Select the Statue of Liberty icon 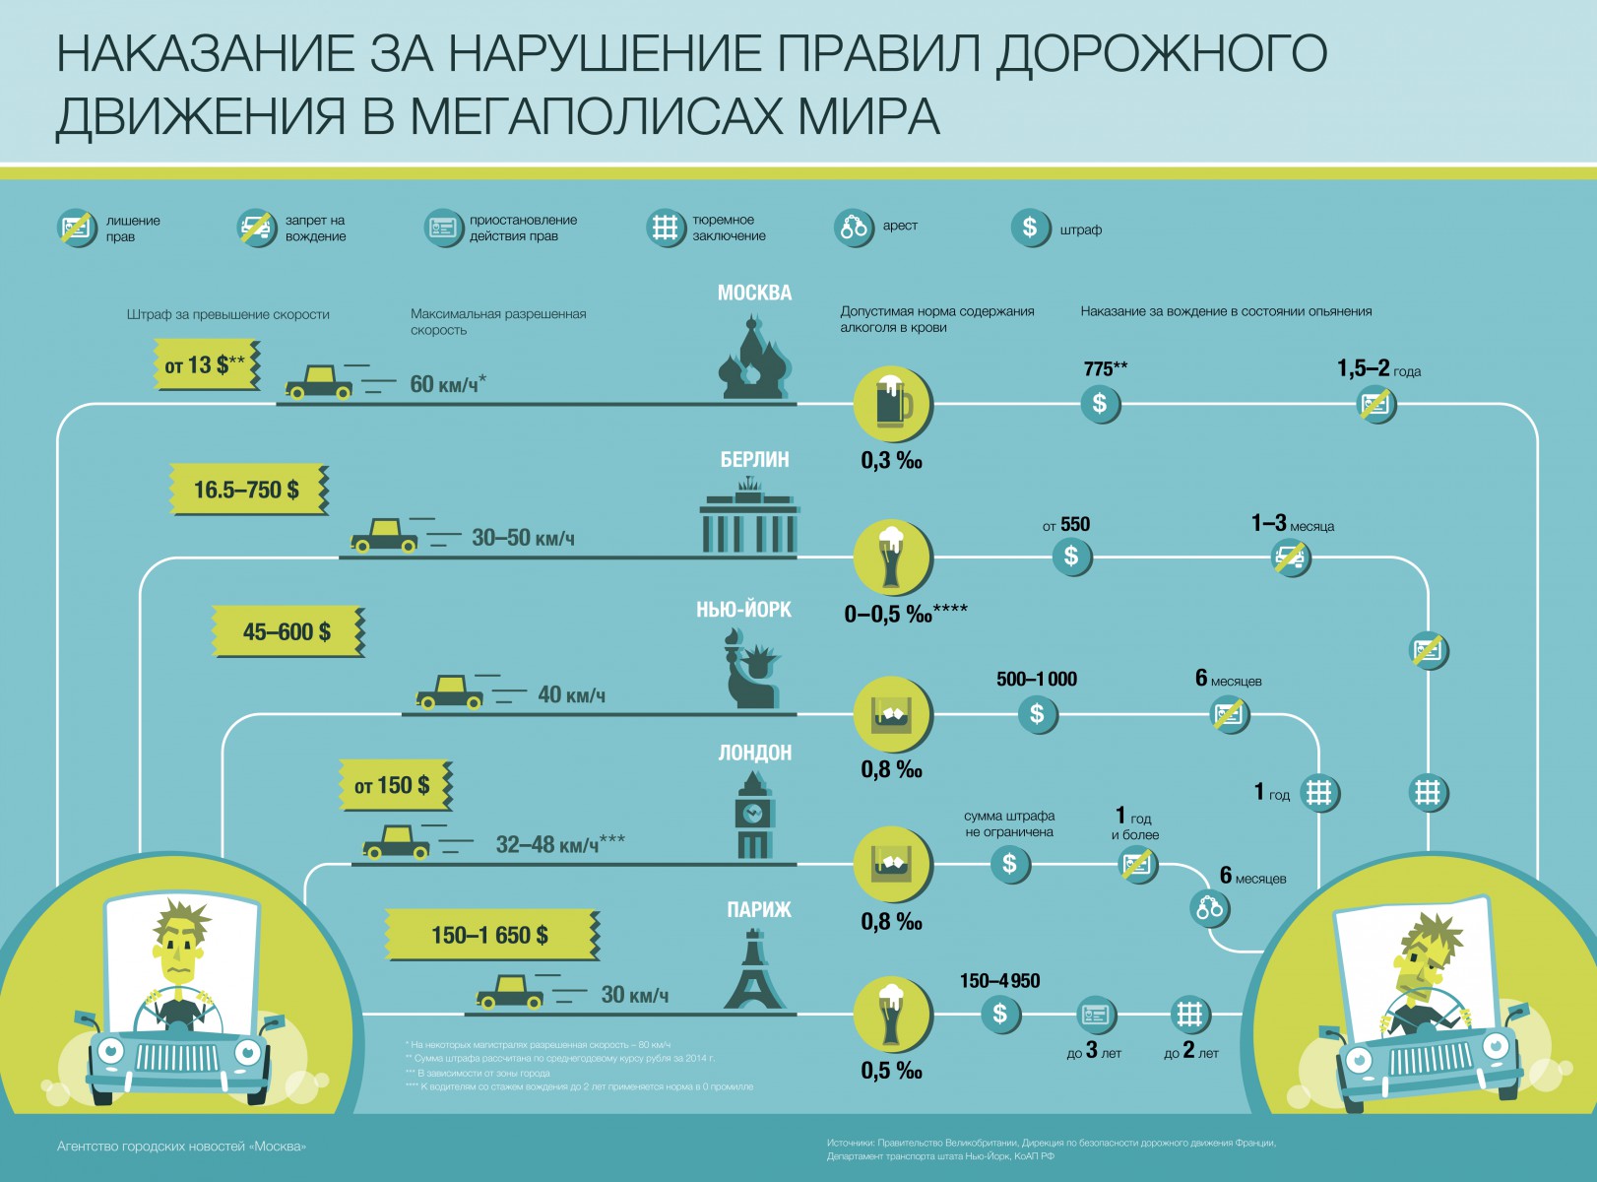point(752,670)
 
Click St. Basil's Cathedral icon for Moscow point(754,359)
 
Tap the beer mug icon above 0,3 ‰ point(892,403)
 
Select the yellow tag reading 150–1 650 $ point(490,935)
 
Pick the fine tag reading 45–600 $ point(287,631)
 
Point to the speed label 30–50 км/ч point(523,538)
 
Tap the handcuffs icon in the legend point(853,228)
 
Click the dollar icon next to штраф point(1030,228)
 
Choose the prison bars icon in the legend point(666,228)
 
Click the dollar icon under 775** point(1100,403)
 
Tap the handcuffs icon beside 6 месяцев point(1209,908)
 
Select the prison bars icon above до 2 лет point(1189,1014)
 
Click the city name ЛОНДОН point(754,753)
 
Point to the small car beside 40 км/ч point(450,691)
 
